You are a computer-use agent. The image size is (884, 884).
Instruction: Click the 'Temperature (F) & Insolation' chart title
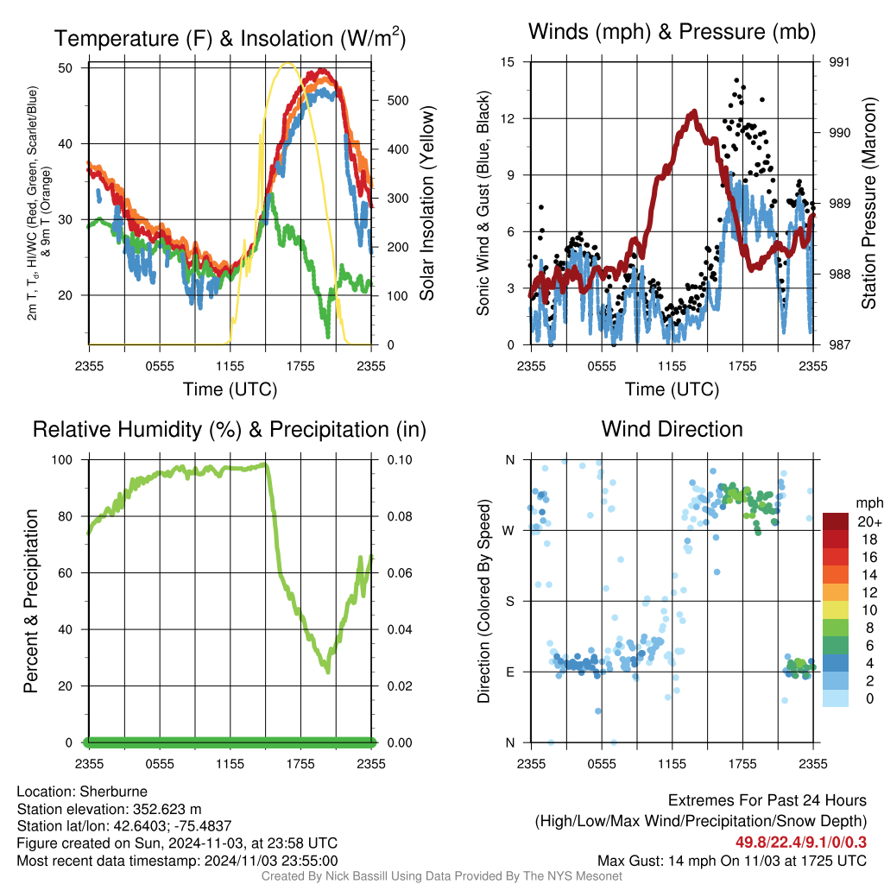230,38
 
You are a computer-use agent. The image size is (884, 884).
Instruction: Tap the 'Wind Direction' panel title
672,429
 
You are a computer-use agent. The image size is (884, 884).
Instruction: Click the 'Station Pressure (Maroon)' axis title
868,203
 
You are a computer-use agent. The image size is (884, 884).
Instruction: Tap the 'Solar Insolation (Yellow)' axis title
426,204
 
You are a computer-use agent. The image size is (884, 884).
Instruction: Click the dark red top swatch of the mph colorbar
836,521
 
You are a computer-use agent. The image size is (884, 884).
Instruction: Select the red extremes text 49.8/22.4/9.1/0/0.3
801,842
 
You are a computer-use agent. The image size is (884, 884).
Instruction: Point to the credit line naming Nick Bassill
442,876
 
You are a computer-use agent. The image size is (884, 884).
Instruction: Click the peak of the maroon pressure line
692,113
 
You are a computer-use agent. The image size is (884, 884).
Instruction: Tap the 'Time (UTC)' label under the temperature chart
230,389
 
